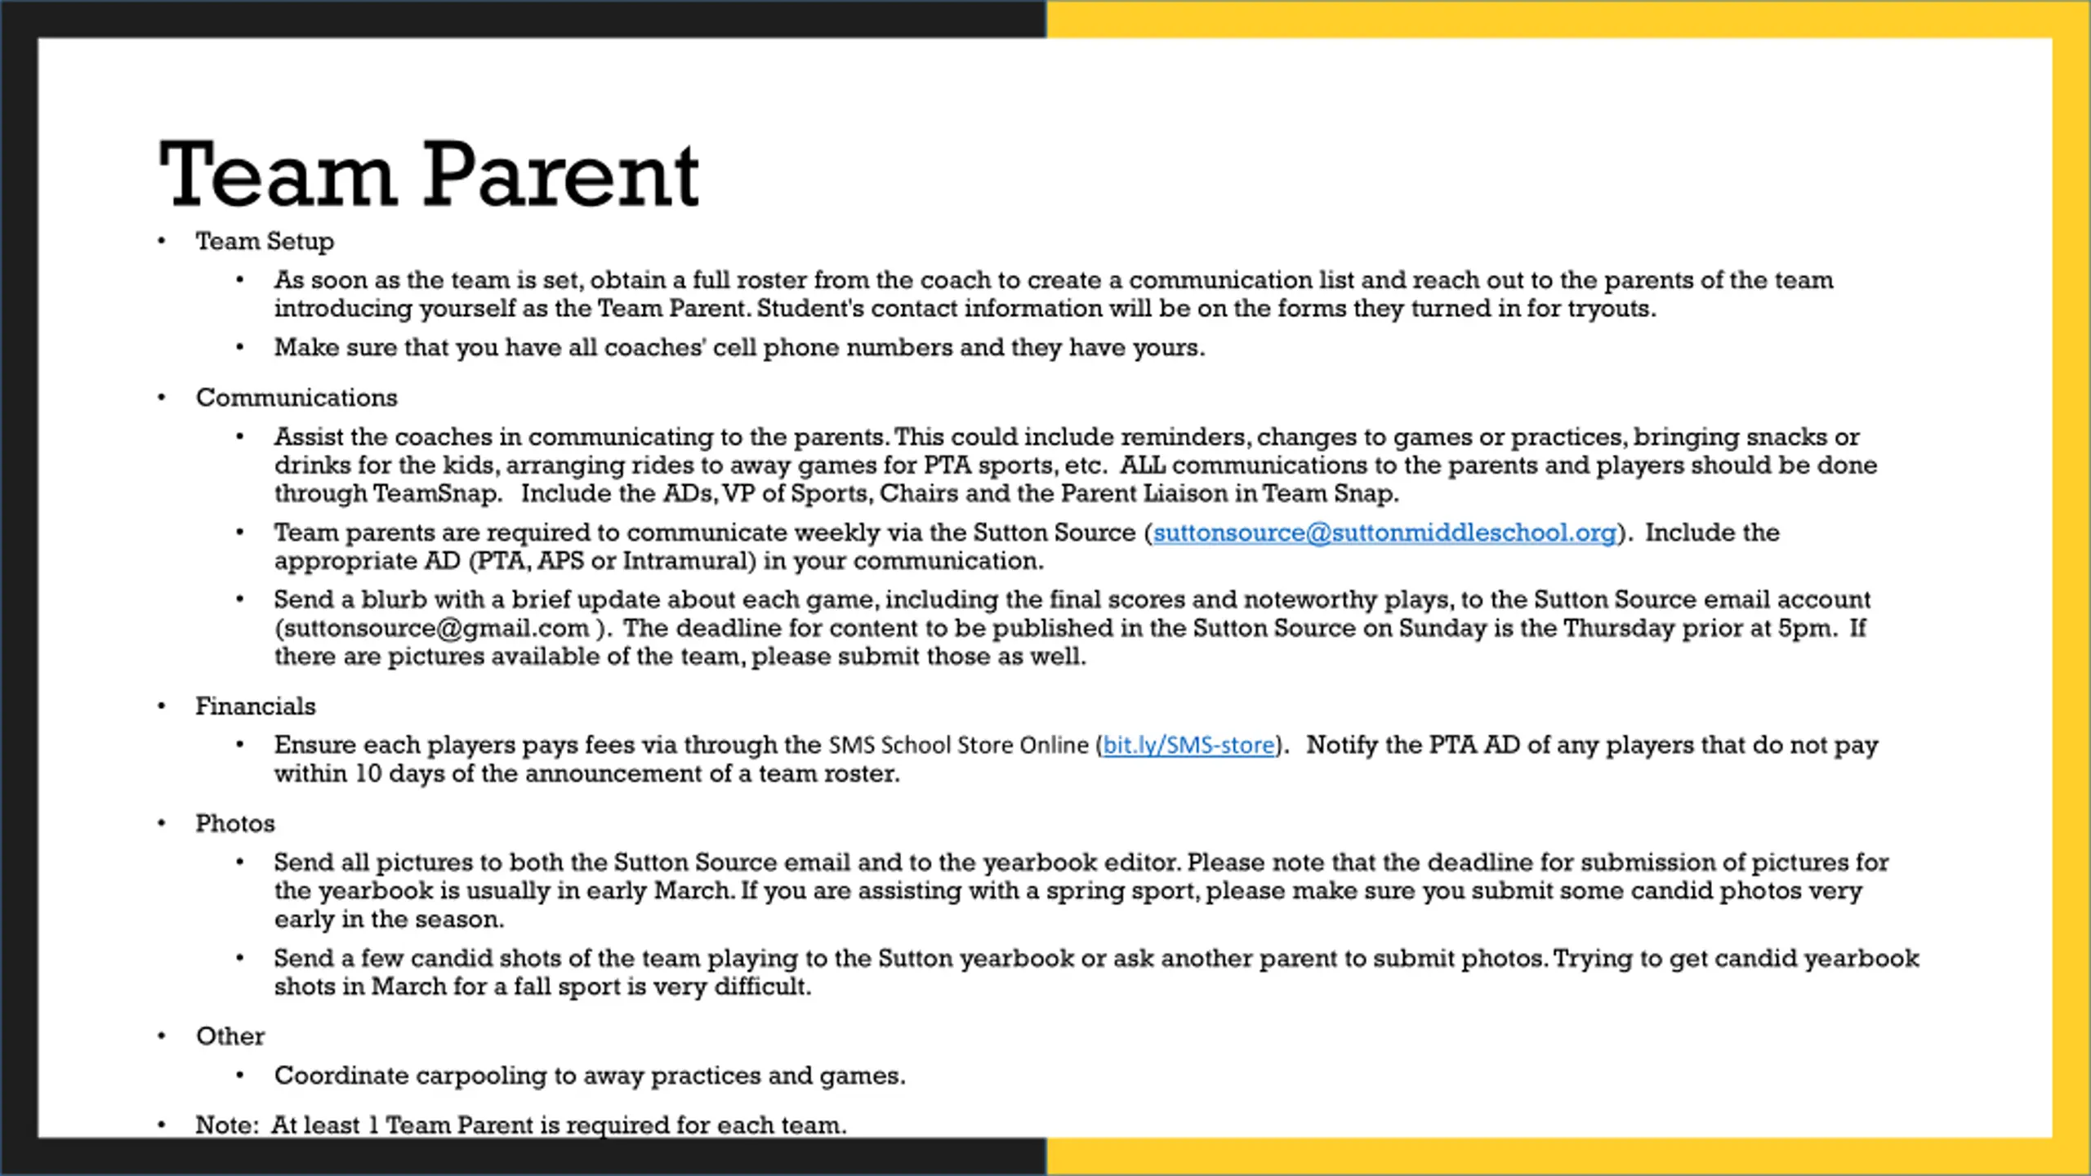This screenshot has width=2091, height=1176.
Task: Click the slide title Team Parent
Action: pos(429,175)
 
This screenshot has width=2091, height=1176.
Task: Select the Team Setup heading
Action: pos(265,242)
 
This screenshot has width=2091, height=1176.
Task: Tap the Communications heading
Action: pos(296,398)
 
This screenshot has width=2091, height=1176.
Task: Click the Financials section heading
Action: pos(256,706)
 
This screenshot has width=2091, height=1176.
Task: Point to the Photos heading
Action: pos(235,824)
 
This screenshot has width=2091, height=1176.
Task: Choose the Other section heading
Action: pos(230,1036)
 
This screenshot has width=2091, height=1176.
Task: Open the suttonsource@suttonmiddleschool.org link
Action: pos(1384,533)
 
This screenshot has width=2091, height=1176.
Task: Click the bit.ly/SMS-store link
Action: pos(1188,746)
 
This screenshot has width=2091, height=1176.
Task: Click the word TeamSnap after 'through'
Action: pos(437,494)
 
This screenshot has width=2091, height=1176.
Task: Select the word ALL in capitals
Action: pos(1143,465)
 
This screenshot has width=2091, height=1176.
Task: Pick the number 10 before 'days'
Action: pos(368,774)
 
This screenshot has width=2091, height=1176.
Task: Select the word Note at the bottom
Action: pos(224,1125)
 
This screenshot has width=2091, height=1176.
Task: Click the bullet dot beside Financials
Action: pos(162,706)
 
